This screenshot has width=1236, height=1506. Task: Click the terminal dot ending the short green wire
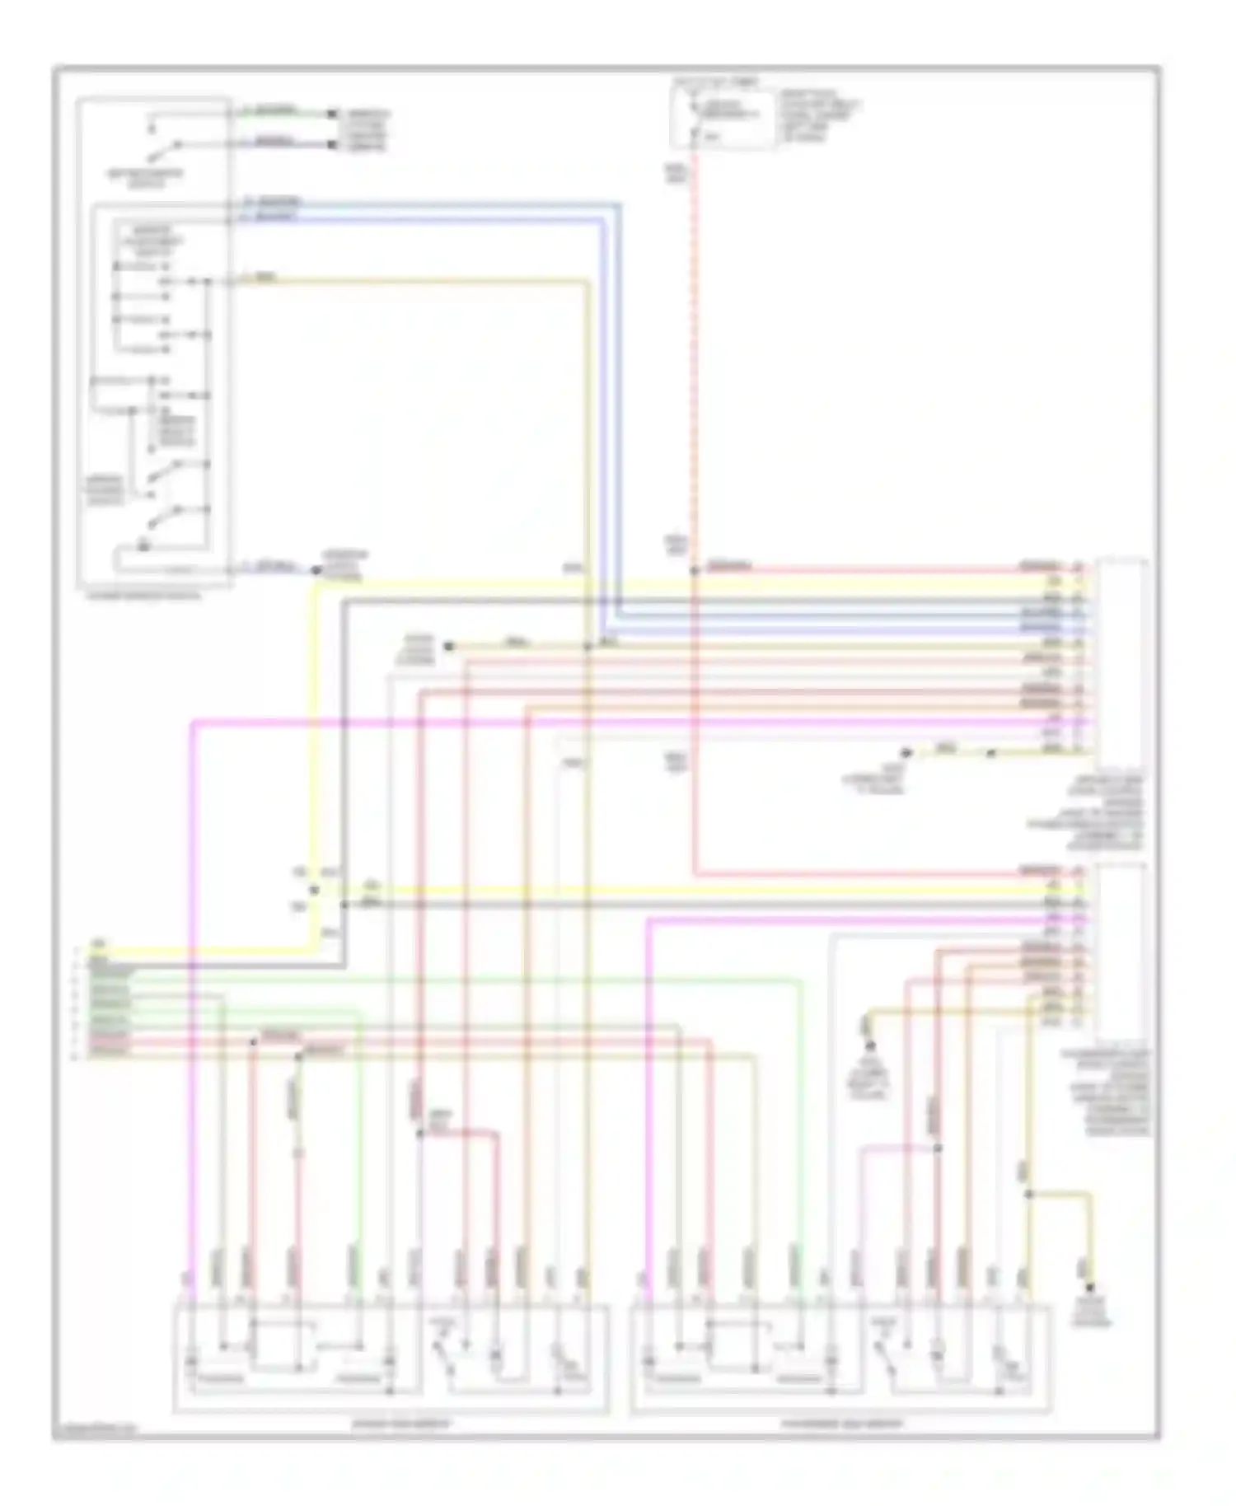pos(332,114)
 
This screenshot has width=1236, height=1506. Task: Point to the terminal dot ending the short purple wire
pos(332,146)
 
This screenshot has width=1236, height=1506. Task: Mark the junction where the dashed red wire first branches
pos(694,569)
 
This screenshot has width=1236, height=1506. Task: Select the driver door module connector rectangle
pos(1121,659)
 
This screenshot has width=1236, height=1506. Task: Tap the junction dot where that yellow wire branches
pos(1028,1194)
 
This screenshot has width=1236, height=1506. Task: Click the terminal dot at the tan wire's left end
pos(448,647)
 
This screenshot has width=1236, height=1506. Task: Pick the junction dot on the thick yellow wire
pos(314,890)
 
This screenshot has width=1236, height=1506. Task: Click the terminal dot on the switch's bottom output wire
pos(316,569)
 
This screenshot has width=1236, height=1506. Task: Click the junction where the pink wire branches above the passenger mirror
pos(937,1148)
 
